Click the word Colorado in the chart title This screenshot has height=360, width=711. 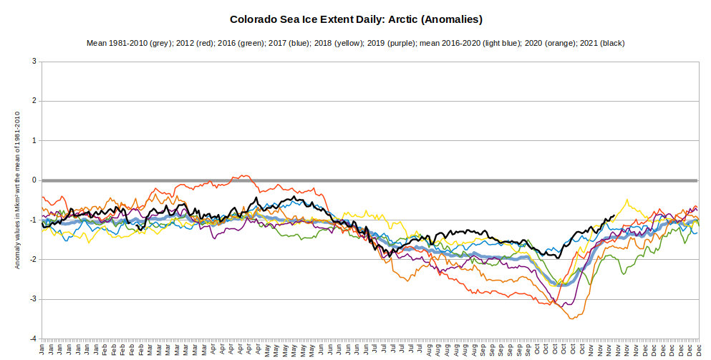[x=254, y=19]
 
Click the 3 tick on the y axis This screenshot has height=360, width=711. [x=34, y=62]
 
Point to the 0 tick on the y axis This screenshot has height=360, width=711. [x=34, y=180]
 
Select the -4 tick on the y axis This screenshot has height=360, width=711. [x=32, y=339]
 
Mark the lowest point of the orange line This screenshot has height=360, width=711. [x=571, y=318]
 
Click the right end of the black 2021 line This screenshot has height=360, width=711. [x=614, y=215]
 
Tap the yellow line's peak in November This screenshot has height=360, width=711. [x=627, y=200]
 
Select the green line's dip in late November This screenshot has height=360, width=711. [x=623, y=273]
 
